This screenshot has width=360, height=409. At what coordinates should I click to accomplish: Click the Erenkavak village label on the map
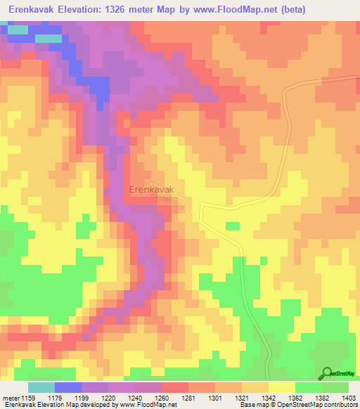click(150, 189)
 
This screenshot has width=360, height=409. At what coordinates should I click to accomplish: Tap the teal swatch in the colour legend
click(41, 387)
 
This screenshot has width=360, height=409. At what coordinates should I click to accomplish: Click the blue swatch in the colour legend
click(67, 387)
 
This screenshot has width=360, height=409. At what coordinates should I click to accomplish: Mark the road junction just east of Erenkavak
click(202, 205)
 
